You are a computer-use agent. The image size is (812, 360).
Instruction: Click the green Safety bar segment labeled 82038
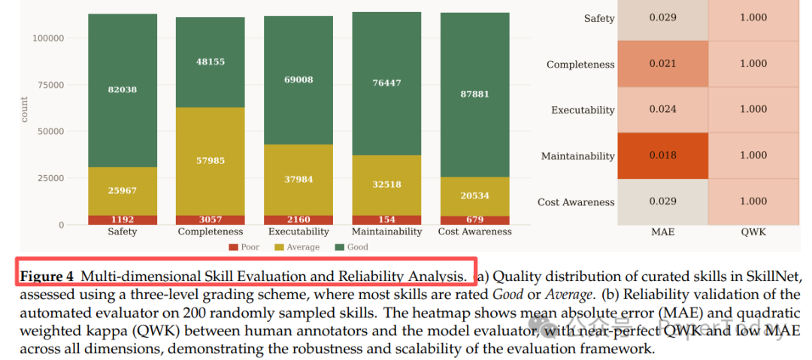click(123, 89)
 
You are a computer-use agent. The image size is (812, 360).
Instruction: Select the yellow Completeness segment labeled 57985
click(211, 161)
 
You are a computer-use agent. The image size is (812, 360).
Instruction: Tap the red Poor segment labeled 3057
click(211, 220)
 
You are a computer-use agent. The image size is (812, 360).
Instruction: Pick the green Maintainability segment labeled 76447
click(386, 83)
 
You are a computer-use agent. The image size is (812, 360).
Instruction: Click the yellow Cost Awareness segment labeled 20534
click(475, 196)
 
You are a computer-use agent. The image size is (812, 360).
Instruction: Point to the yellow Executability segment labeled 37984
click(298, 180)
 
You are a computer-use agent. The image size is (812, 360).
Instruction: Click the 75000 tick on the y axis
click(50, 85)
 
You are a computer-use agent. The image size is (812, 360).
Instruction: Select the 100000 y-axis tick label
click(47, 38)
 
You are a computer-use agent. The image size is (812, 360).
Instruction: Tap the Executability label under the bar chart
click(298, 232)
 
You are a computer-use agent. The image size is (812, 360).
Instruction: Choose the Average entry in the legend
click(298, 247)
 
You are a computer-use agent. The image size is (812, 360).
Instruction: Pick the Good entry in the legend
click(353, 247)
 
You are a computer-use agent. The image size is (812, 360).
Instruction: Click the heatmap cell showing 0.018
click(662, 156)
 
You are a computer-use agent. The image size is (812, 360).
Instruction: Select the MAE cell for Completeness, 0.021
click(662, 64)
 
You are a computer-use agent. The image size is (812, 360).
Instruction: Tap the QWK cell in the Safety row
click(753, 18)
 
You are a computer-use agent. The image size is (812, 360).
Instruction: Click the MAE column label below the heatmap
click(662, 232)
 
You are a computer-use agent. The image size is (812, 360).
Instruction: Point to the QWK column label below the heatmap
click(753, 232)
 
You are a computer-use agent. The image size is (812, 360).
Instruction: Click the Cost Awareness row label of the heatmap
click(576, 202)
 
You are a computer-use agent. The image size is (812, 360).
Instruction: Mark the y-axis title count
click(24, 109)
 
